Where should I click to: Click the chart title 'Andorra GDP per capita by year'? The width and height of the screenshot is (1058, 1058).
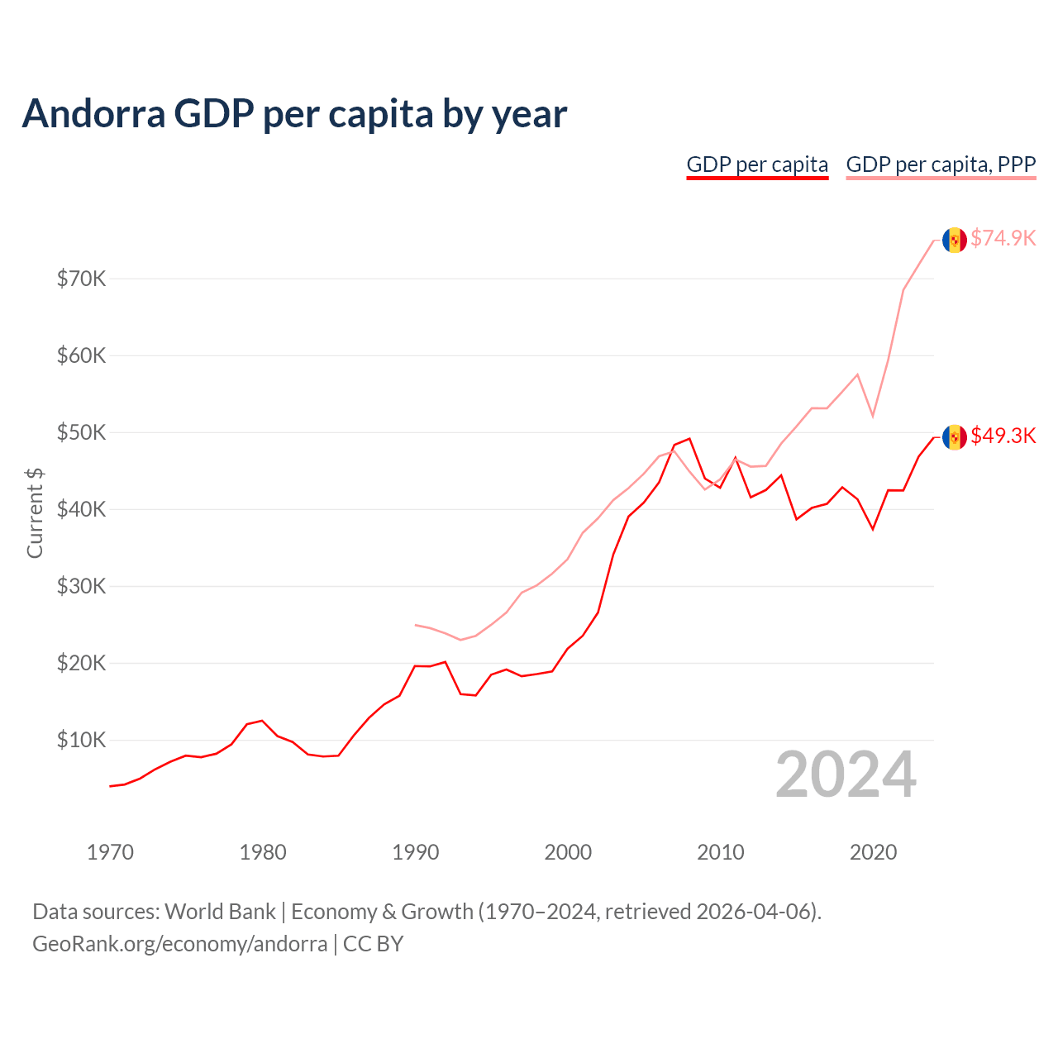[x=294, y=114]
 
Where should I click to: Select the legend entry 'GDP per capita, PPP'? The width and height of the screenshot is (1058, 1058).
[x=941, y=164]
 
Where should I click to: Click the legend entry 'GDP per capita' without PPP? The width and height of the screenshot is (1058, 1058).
[x=757, y=164]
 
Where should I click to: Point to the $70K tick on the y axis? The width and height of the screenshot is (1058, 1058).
[x=81, y=279]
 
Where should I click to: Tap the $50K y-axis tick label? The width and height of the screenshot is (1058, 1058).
[x=81, y=432]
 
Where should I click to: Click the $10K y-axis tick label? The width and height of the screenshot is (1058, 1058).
[x=81, y=740]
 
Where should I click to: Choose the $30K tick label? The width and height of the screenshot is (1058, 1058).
[x=81, y=586]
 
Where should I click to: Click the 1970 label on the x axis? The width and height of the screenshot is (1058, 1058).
[x=110, y=852]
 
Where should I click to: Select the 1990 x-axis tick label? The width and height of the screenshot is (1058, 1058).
[x=415, y=852]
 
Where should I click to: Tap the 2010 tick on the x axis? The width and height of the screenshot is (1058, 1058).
[x=720, y=852]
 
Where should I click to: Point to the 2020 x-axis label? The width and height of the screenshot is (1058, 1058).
[x=873, y=852]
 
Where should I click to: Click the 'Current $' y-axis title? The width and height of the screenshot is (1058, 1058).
[x=35, y=512]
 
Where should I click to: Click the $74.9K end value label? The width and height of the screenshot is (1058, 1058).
[x=1003, y=238]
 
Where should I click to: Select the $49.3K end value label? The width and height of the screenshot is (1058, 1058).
[x=1003, y=436]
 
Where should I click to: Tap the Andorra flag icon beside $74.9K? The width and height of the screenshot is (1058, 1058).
[x=955, y=240]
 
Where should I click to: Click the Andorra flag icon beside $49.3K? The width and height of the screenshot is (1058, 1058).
[x=955, y=437]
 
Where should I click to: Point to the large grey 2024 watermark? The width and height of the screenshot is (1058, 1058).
[x=846, y=774]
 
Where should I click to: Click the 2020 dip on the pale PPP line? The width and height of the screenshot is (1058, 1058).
[x=873, y=416]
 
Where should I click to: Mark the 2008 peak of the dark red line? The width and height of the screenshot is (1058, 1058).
[x=689, y=439]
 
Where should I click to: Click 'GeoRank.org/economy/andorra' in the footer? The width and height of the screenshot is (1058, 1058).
[x=179, y=944]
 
